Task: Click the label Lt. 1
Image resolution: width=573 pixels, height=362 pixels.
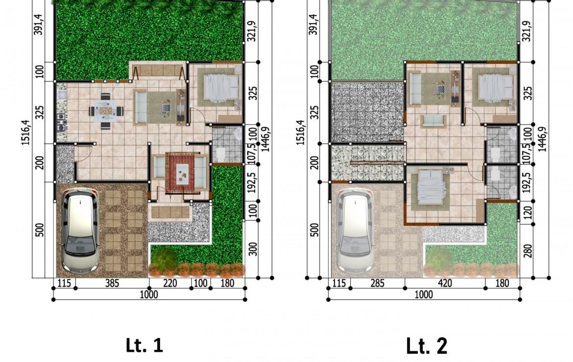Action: coord(144,345)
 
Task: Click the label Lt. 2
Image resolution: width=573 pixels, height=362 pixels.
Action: coord(427,346)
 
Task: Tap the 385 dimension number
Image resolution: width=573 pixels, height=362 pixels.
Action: coord(112,283)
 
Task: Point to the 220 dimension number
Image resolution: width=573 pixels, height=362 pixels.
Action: coord(170,283)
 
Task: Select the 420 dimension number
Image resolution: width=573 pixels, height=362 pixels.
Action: coord(445,283)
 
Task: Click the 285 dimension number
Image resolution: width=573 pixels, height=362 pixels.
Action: coord(377,283)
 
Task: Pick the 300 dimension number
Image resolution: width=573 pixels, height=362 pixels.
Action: coord(253,249)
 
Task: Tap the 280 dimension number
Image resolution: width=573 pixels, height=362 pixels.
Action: coord(527,250)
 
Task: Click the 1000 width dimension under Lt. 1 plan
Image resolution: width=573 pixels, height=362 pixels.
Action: coord(149,294)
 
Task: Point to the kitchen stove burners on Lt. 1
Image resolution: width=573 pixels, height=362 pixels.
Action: coord(61,122)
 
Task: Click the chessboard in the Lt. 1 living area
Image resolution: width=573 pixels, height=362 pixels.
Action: coord(167,108)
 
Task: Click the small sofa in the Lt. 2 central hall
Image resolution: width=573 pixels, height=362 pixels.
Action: coord(433,121)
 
